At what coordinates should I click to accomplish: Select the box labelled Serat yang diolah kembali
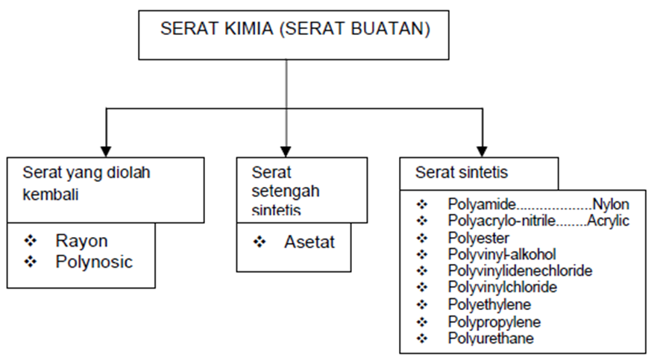click(x=106, y=189)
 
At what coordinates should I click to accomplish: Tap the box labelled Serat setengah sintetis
click(x=301, y=189)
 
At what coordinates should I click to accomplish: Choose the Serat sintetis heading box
click(x=478, y=173)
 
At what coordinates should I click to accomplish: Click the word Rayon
click(x=81, y=241)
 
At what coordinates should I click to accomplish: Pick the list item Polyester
click(x=479, y=238)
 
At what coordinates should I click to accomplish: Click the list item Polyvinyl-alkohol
click(x=502, y=254)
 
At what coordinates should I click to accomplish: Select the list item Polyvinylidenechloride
click(x=520, y=271)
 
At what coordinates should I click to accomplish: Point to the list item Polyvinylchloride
click(x=503, y=287)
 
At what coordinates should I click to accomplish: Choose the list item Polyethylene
click(x=489, y=304)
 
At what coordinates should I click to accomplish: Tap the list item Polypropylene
click(x=494, y=322)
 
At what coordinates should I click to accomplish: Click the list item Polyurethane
click(x=491, y=338)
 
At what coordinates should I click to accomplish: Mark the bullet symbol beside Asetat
click(x=260, y=242)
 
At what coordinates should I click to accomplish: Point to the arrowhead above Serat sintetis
click(x=481, y=150)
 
